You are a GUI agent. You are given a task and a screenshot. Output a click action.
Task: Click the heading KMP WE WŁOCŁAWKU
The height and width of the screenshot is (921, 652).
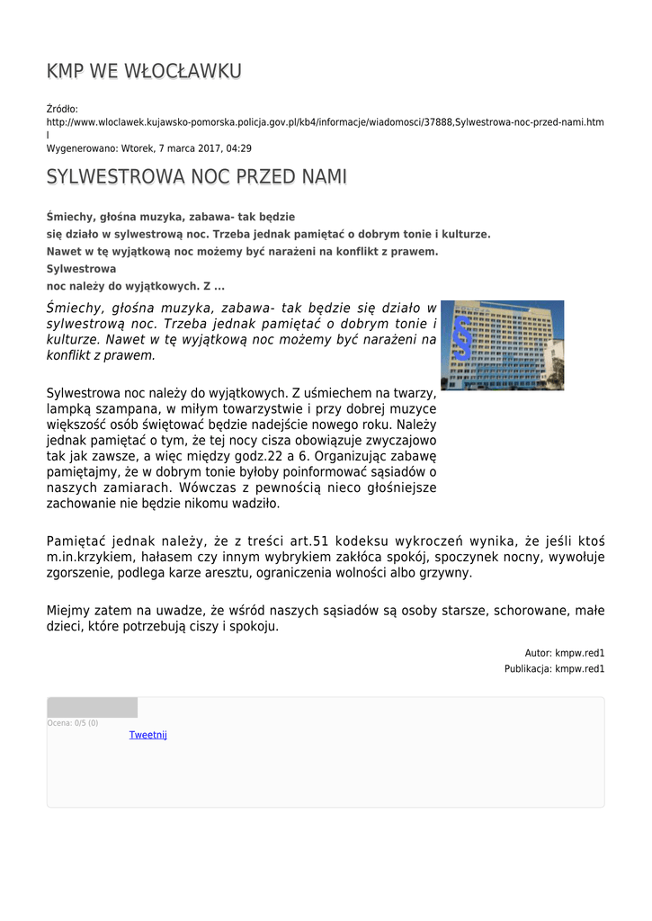(144, 71)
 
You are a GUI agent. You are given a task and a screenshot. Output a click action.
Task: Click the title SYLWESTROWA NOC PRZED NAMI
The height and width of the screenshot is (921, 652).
(196, 177)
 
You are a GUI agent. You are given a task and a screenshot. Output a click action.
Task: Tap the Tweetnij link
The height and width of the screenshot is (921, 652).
(148, 735)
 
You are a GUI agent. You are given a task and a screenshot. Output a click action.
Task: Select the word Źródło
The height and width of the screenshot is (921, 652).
(62, 109)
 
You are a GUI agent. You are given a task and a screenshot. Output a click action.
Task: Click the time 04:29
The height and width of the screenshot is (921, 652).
(238, 148)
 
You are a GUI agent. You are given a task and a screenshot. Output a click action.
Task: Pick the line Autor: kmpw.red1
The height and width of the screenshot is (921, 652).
(564, 653)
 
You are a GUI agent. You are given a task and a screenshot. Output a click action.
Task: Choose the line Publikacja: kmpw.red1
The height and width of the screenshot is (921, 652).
(554, 669)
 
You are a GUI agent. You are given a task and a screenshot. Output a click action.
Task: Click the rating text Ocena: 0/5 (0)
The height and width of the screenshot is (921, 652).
(73, 722)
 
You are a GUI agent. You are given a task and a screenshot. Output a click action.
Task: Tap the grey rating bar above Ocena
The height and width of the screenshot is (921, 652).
(92, 707)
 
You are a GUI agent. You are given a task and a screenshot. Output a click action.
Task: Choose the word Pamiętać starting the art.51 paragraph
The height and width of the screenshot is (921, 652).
(76, 541)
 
